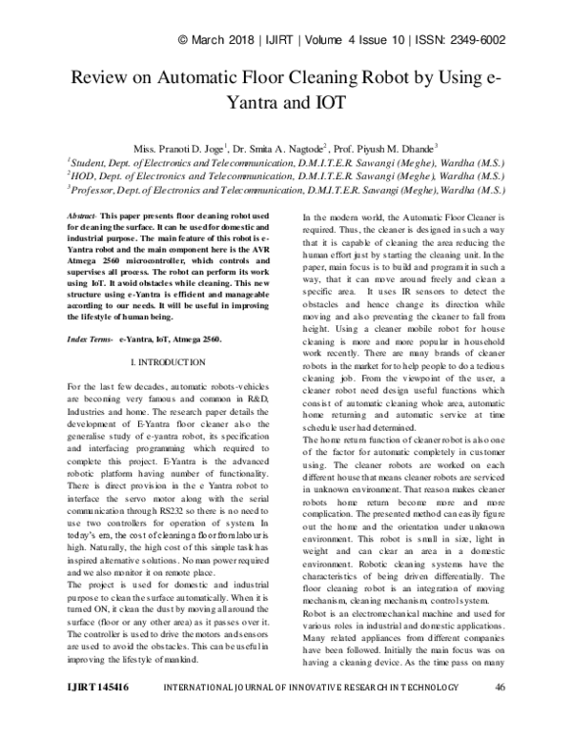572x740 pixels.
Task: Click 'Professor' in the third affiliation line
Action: point(98,190)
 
